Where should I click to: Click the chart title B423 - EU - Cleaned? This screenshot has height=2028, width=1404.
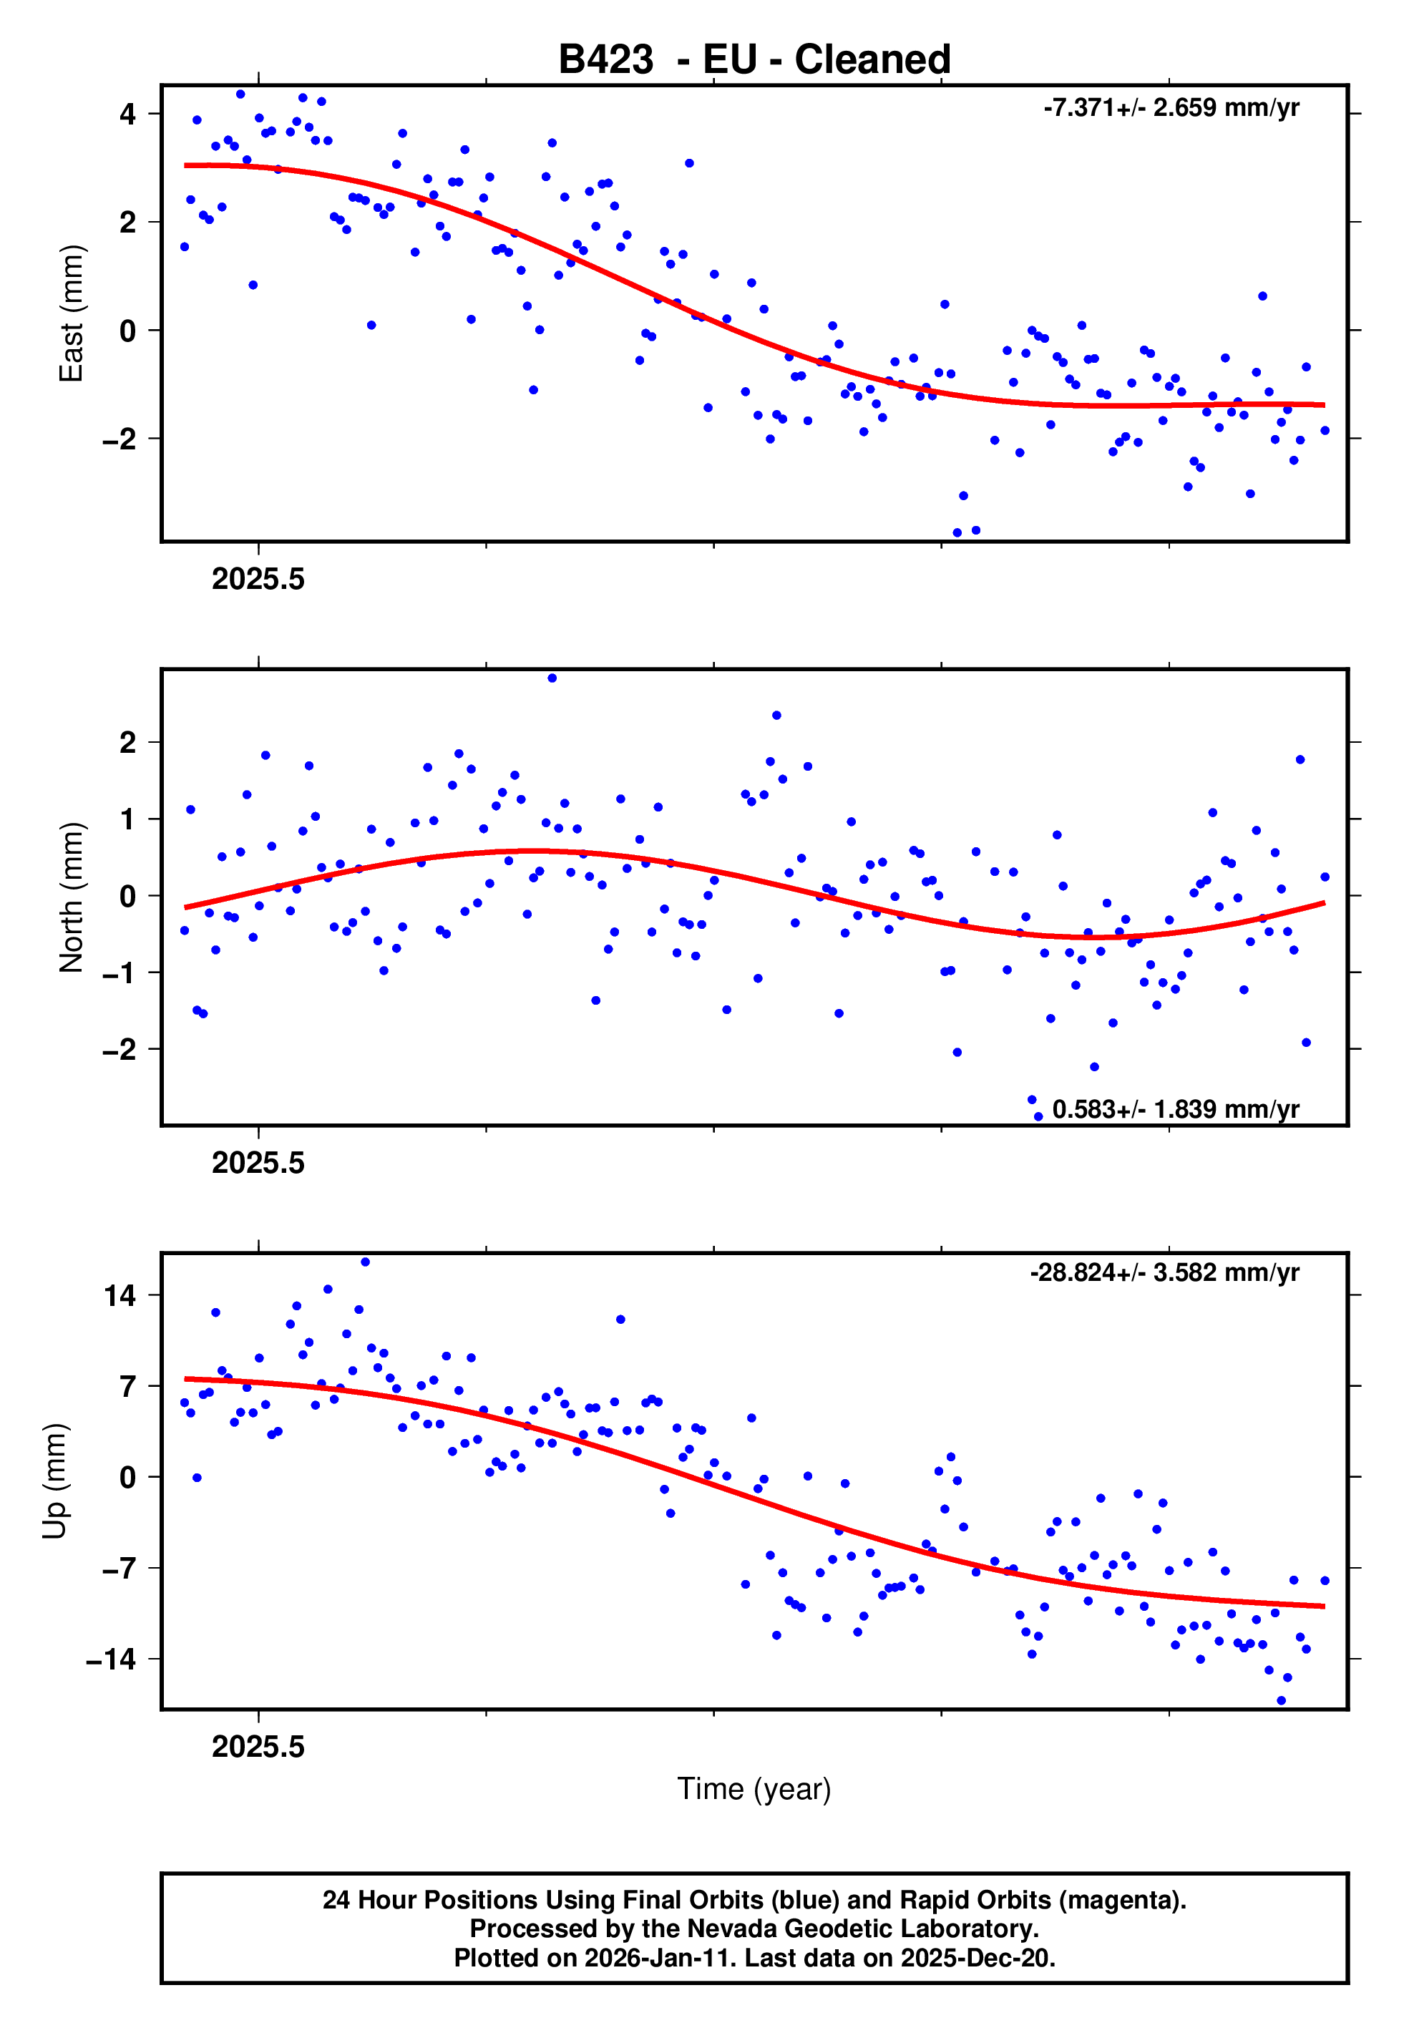[x=754, y=60]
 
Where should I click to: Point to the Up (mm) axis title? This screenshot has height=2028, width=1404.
[x=54, y=1481]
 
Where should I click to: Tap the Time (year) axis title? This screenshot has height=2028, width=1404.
[x=754, y=1789]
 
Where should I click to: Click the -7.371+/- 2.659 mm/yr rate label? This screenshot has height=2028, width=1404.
[x=1171, y=108]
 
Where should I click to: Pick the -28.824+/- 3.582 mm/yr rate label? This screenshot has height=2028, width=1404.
[x=1165, y=1272]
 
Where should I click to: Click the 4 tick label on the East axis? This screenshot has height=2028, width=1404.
[x=128, y=114]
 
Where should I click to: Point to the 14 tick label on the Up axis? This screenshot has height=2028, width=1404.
[x=120, y=1295]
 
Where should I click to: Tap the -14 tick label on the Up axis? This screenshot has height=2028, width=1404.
[x=111, y=1659]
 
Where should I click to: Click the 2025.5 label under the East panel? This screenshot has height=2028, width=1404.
[x=258, y=580]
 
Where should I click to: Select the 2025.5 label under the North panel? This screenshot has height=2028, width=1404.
[x=258, y=1164]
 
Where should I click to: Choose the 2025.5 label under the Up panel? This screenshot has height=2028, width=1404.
[x=258, y=1747]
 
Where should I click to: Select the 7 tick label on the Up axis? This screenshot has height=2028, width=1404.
[x=128, y=1387]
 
